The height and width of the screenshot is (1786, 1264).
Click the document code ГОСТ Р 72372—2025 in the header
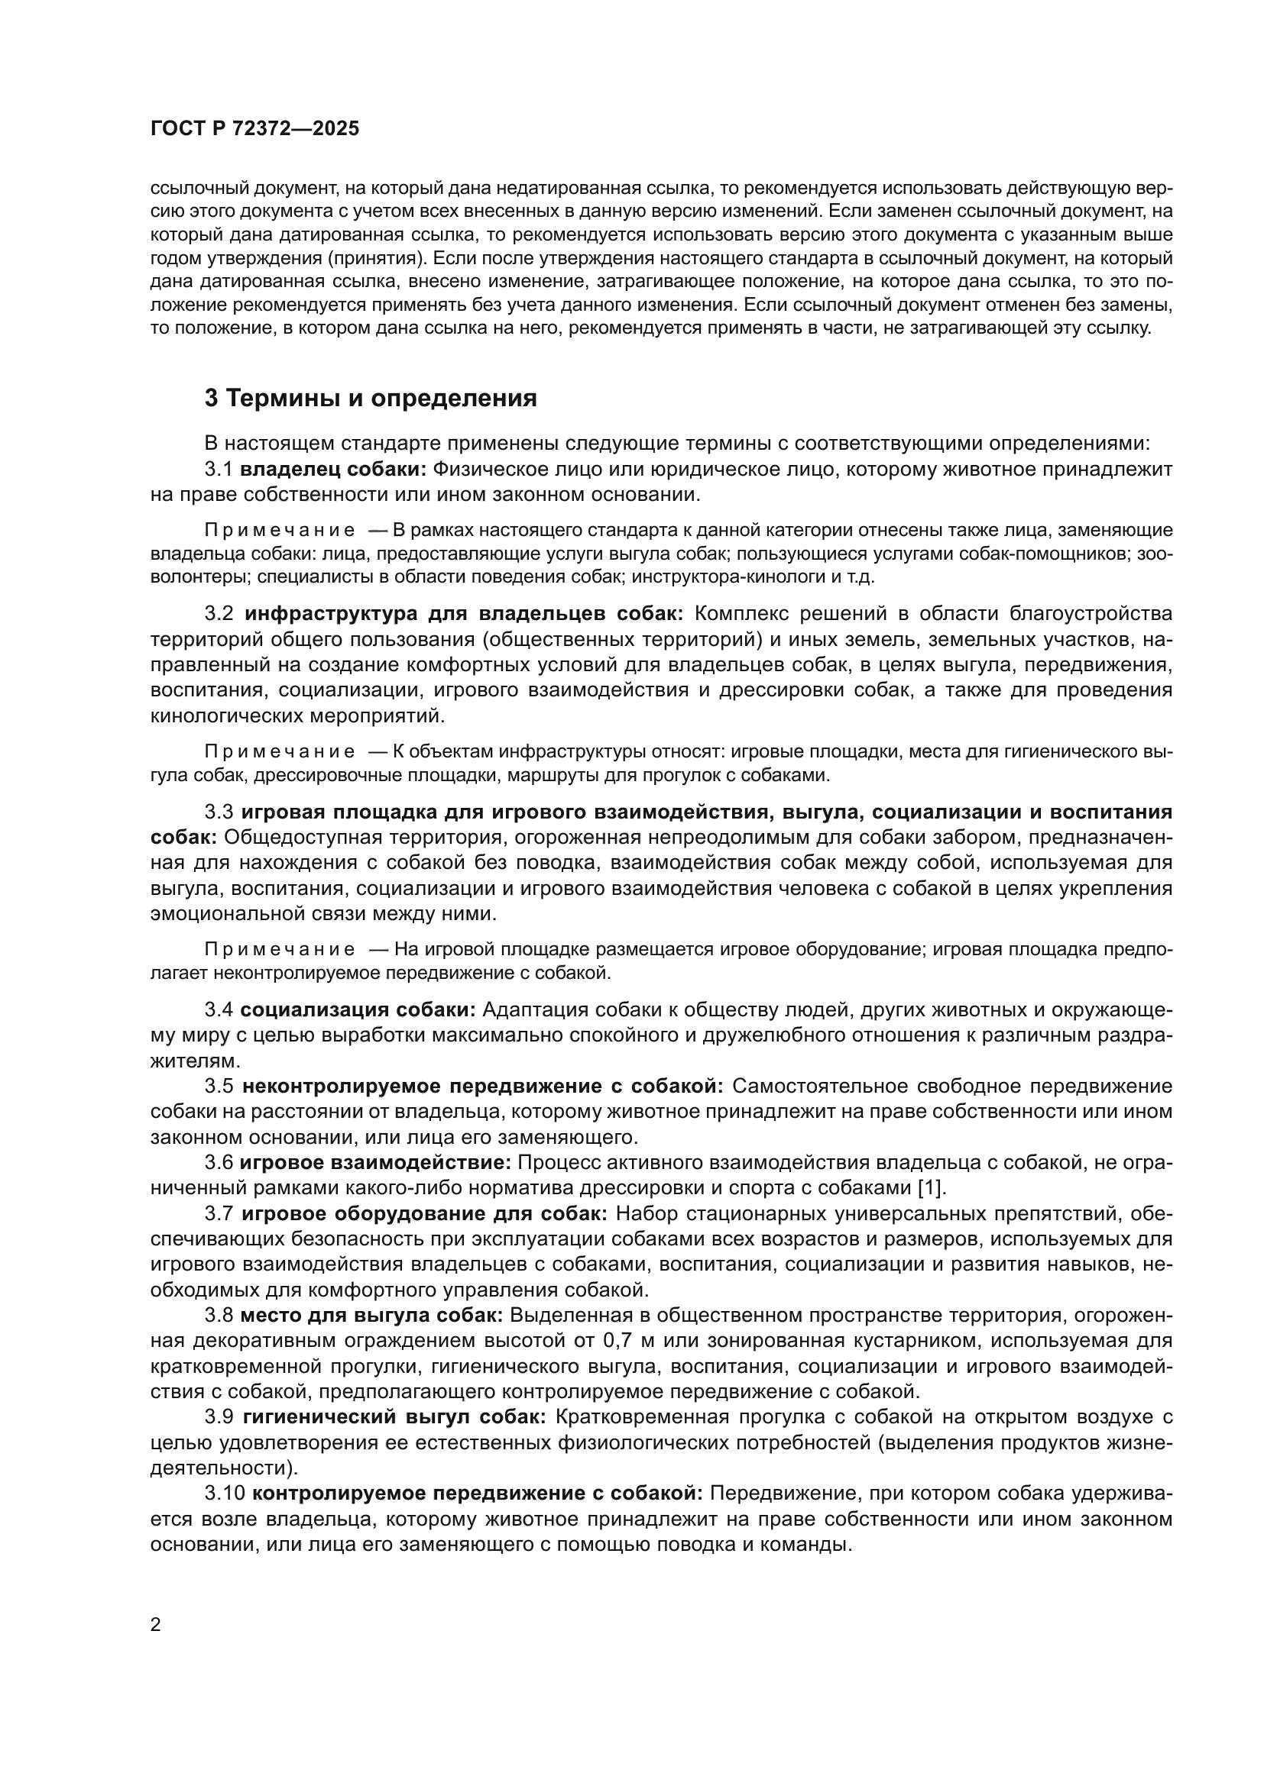pyautogui.click(x=254, y=129)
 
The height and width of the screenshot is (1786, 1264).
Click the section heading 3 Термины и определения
pyautogui.click(x=371, y=399)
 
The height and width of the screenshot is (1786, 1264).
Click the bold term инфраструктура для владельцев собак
pyautogui.click(x=464, y=614)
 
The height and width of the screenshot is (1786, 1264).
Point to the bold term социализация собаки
pyautogui.click(x=357, y=1009)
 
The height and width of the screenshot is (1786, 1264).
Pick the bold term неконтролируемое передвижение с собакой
pyautogui.click(x=482, y=1086)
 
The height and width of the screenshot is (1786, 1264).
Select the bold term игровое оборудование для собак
pyautogui.click(x=425, y=1213)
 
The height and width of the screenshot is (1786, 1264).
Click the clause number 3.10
pyautogui.click(x=225, y=1494)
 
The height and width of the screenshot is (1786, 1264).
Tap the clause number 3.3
pyautogui.click(x=219, y=812)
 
